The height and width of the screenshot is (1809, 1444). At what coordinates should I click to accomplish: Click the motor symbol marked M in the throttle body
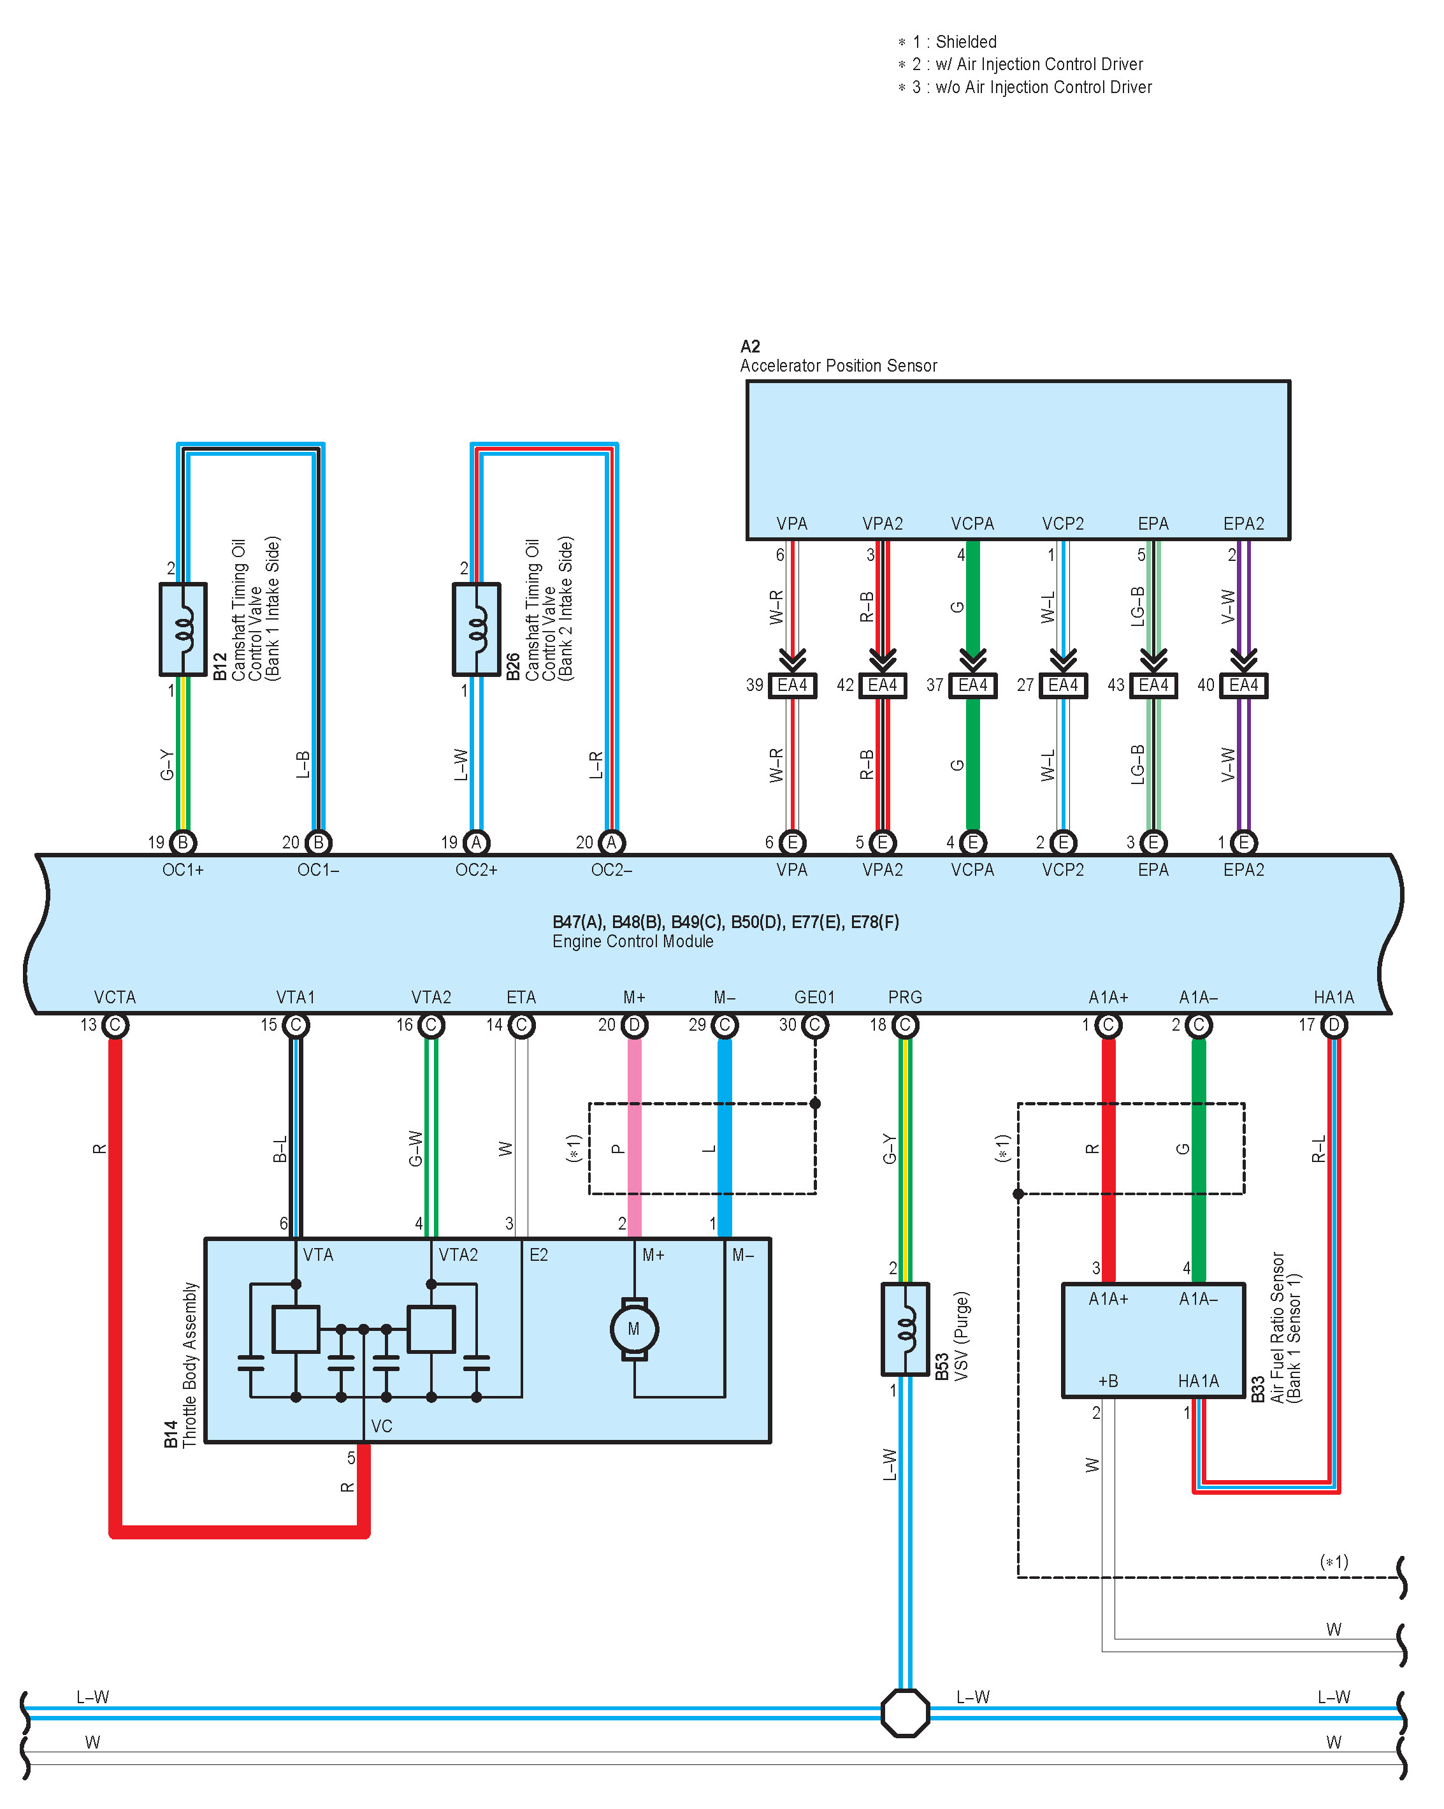(633, 1329)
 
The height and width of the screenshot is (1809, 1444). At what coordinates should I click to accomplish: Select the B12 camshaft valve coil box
(183, 629)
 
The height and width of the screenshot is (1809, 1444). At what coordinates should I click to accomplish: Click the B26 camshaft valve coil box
(476, 629)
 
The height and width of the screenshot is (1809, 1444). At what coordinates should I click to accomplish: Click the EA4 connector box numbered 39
(791, 685)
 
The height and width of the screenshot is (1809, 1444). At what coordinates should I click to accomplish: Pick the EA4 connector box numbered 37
(972, 685)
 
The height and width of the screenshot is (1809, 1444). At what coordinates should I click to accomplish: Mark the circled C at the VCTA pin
(115, 1024)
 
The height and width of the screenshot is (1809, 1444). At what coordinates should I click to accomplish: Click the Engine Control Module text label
(633, 941)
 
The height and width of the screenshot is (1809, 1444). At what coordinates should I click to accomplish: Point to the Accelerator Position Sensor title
(837, 366)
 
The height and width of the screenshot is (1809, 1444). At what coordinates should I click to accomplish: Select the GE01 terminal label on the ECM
(814, 997)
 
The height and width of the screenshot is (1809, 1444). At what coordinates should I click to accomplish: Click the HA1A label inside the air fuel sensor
(1197, 1380)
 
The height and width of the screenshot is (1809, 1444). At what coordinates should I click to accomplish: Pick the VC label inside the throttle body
(381, 1425)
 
